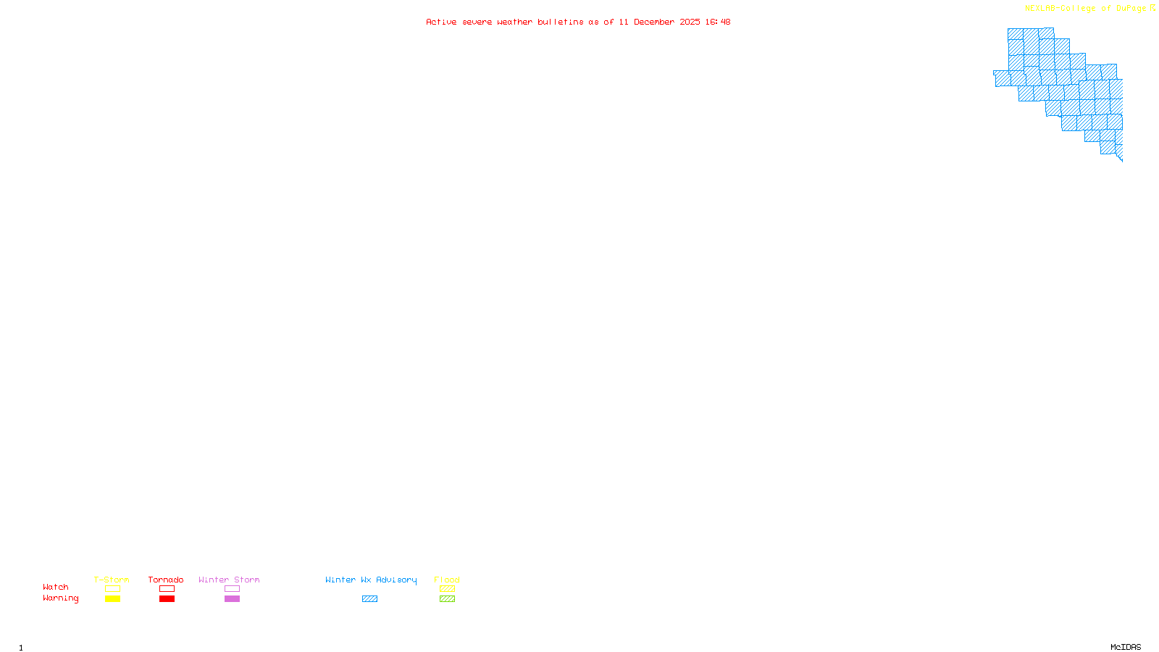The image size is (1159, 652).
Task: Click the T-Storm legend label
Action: (x=112, y=580)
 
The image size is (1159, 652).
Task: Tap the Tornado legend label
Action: (x=166, y=580)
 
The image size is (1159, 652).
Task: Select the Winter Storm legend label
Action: (x=229, y=580)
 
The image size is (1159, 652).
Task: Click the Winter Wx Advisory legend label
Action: (x=371, y=580)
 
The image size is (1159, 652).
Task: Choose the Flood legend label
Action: (x=447, y=580)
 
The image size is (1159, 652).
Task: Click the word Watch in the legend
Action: (x=56, y=587)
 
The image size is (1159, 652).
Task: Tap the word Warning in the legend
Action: (x=60, y=598)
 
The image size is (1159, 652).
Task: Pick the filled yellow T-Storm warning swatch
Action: (x=112, y=599)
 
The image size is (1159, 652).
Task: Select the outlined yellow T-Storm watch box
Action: (x=112, y=589)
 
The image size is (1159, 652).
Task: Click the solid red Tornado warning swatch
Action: (x=167, y=599)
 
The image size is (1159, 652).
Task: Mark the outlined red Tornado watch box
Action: (x=167, y=589)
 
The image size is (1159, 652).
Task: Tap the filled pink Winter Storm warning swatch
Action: (x=232, y=599)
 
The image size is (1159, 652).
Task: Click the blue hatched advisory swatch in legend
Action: (x=369, y=599)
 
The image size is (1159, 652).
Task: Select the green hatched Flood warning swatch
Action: (x=447, y=599)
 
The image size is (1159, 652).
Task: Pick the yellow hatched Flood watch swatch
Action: (x=447, y=589)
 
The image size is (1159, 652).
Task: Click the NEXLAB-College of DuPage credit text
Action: (x=1086, y=9)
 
